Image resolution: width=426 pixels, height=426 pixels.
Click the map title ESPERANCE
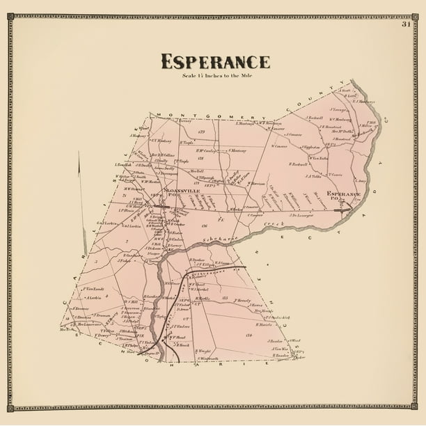point(215,61)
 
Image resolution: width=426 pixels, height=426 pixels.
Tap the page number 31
point(406,24)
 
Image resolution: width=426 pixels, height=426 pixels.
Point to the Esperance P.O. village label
point(343,194)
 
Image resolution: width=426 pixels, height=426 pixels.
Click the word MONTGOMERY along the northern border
point(189,115)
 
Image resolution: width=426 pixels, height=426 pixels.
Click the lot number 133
point(226,298)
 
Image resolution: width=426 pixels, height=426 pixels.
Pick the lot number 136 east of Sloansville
point(205,226)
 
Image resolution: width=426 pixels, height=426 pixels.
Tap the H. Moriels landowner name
point(264,324)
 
